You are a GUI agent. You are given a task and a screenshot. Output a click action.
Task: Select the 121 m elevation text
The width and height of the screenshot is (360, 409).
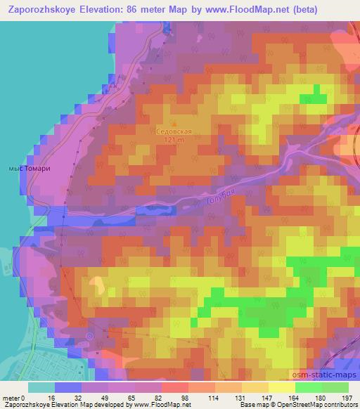(x=173, y=140)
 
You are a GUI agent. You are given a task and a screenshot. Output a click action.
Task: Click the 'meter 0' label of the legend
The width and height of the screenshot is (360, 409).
(x=15, y=397)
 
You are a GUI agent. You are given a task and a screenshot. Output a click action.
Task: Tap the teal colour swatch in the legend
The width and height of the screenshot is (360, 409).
(x=41, y=387)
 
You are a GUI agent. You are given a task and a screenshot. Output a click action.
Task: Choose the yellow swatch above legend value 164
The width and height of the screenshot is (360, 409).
(x=282, y=387)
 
